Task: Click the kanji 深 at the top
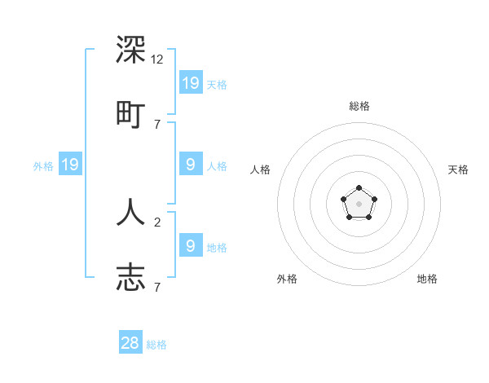[130, 51]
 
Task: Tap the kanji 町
[130, 113]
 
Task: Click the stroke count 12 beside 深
[157, 59]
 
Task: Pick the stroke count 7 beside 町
[157, 124]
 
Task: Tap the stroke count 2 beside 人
[157, 222]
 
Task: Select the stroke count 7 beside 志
[157, 287]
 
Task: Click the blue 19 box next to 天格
[191, 82]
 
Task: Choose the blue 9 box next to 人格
[191, 165]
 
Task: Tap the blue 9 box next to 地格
[191, 245]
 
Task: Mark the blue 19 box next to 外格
[70, 165]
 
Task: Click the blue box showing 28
[130, 343]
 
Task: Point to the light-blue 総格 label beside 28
[156, 345]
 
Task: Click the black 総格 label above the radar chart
[359, 106]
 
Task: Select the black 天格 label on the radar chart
[458, 169]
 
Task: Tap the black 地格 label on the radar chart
[427, 279]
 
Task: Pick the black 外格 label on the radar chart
[287, 279]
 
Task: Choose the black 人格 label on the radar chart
[260, 169]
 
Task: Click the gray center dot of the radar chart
[359, 204]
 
